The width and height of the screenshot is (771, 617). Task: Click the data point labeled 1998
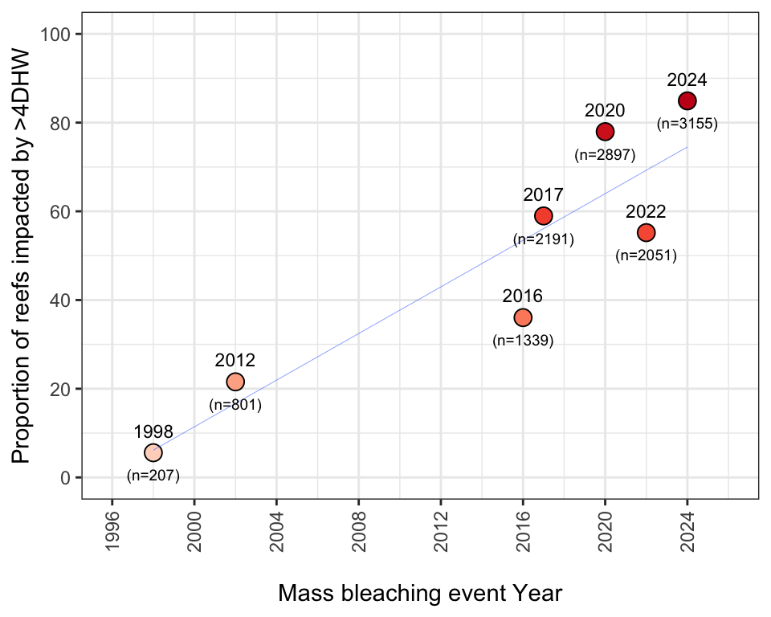click(153, 453)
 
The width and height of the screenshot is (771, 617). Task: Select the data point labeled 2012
click(235, 382)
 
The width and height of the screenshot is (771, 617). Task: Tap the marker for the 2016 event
click(523, 317)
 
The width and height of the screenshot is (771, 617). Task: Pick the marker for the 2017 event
click(544, 215)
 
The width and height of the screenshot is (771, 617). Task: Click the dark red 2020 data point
click(606, 131)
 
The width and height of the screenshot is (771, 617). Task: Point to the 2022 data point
click(647, 232)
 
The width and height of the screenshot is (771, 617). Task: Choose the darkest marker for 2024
click(687, 100)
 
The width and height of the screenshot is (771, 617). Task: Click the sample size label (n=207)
click(153, 476)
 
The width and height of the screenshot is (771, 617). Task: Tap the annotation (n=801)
click(235, 405)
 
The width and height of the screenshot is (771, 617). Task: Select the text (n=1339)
click(523, 341)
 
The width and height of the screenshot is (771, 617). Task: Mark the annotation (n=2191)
click(544, 239)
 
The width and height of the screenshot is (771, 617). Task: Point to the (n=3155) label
click(687, 125)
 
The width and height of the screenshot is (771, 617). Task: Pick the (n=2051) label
click(647, 255)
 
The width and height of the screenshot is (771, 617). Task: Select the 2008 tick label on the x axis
click(359, 529)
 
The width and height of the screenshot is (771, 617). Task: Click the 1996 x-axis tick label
click(112, 529)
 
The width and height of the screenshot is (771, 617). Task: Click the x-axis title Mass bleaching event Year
click(420, 594)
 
